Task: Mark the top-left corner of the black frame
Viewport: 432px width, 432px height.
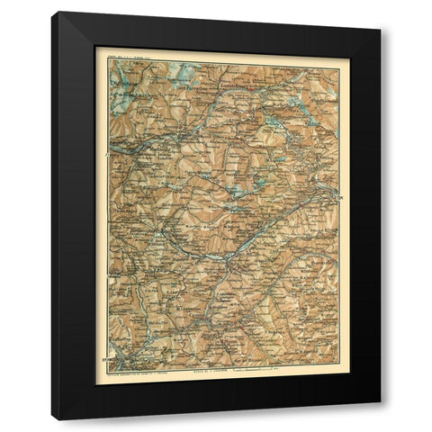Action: click(52, 12)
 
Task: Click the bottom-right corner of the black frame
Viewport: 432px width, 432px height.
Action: click(380, 419)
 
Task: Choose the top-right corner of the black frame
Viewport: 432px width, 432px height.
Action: click(380, 12)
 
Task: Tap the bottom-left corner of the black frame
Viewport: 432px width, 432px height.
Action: click(52, 419)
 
